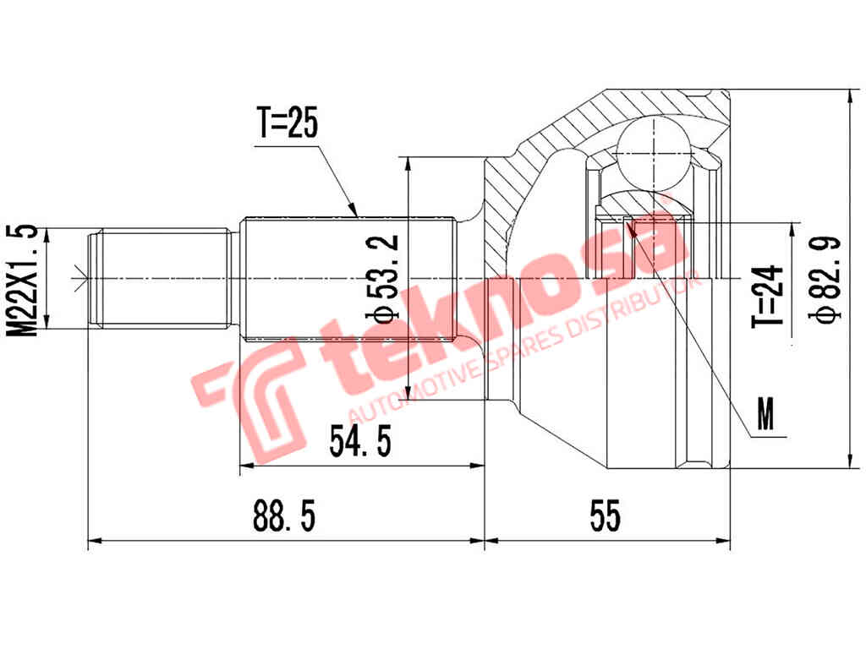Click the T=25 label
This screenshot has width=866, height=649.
coord(288,126)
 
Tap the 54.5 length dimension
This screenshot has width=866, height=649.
coord(360,442)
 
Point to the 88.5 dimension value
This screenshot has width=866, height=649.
coord(285,515)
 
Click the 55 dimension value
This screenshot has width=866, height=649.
coord(606,515)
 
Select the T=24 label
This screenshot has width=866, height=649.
coord(765,296)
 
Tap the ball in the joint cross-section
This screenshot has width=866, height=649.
coord(653,150)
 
